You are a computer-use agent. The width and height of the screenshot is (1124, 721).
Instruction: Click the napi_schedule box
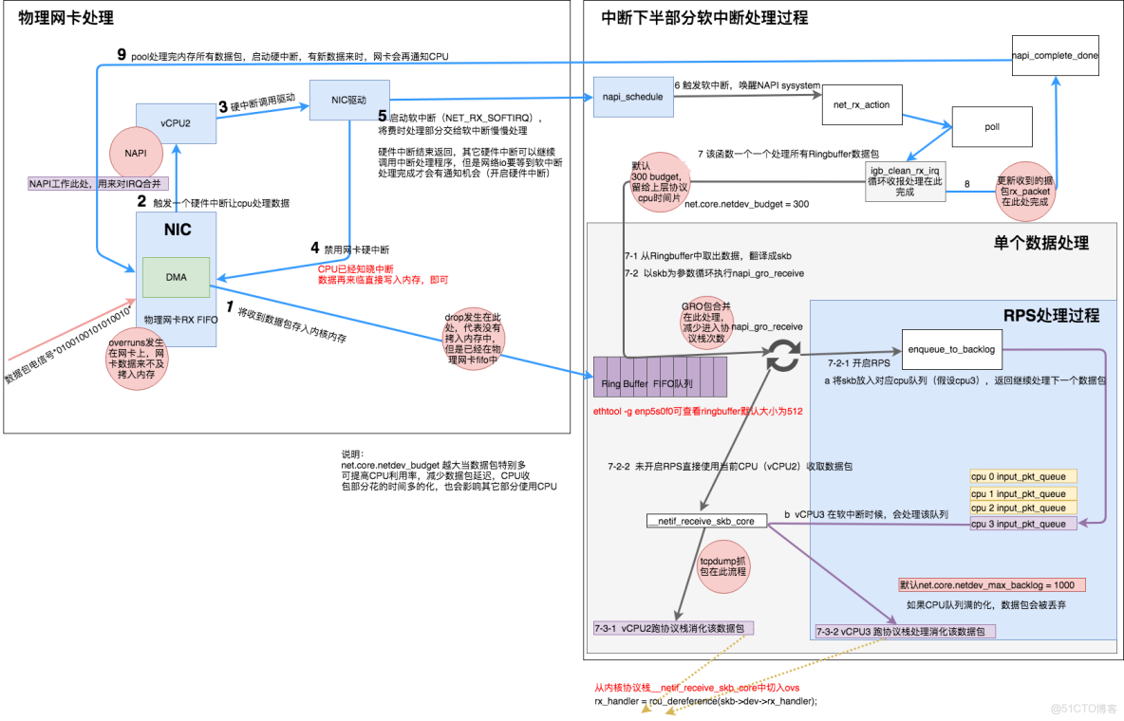[632, 97]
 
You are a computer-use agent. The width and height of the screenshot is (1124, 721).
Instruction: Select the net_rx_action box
[861, 104]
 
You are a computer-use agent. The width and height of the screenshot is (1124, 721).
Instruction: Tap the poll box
[991, 126]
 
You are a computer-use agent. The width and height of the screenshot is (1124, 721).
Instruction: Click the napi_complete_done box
[1055, 56]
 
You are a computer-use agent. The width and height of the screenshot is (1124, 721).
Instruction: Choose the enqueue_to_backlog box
[951, 349]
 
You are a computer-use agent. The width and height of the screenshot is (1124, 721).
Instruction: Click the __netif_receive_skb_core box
[702, 522]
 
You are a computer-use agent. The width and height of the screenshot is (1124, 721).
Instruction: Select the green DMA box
[177, 277]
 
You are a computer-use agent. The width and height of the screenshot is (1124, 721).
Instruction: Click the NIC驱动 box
[349, 100]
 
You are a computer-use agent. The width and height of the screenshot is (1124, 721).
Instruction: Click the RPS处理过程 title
[1051, 315]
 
